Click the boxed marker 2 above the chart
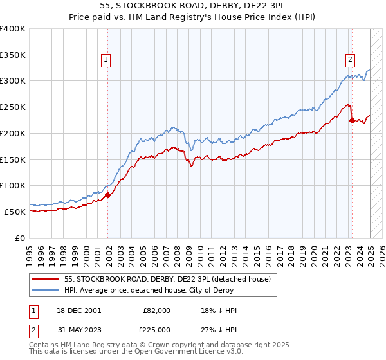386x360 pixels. click(351, 60)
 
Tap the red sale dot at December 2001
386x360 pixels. click(107, 195)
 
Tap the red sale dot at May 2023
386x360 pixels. click(352, 120)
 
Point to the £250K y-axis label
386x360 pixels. click(12, 107)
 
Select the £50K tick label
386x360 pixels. click(15, 212)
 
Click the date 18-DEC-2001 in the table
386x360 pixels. click(79, 310)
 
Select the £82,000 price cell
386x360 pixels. click(156, 310)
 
